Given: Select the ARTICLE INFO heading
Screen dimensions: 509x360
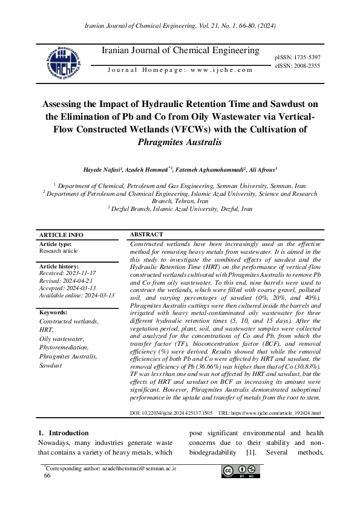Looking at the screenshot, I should (61, 235).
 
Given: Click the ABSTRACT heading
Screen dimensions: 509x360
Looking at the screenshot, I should (146, 234).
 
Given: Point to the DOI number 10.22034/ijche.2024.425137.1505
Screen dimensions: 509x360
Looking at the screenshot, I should (177, 413).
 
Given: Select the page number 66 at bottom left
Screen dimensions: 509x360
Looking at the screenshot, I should (47, 476).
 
